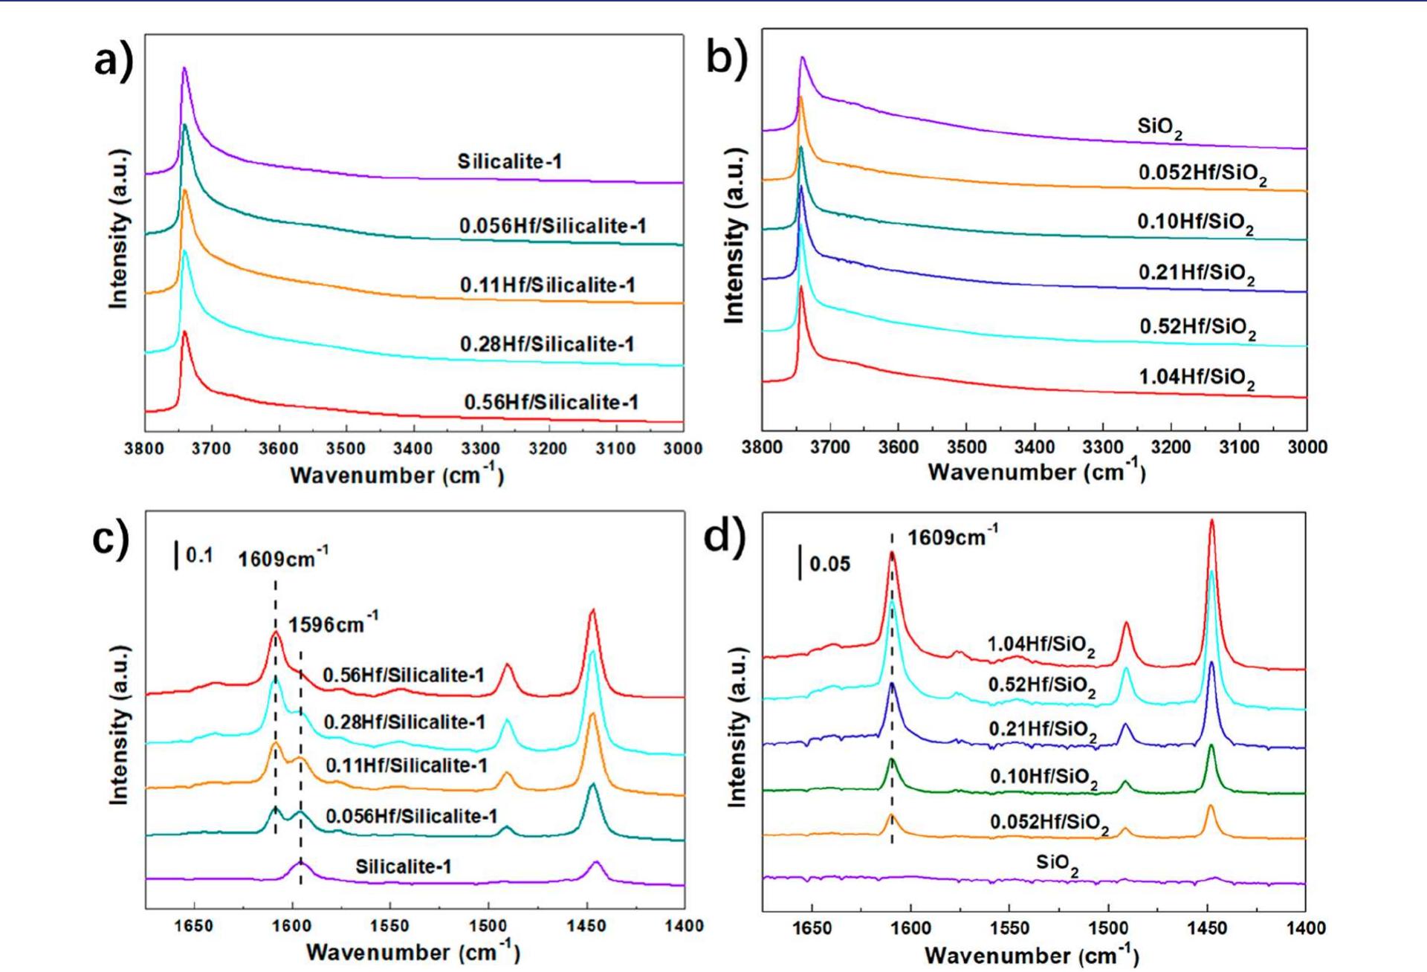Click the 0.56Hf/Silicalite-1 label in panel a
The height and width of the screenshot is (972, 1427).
[x=551, y=402]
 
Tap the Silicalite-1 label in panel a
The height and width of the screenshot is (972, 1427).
[x=509, y=161]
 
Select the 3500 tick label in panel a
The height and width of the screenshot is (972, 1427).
[x=346, y=449]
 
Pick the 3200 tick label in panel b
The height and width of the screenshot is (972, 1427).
[x=1171, y=447]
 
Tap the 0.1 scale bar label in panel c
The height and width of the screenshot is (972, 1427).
[x=199, y=555]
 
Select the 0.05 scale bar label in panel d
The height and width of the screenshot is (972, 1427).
[x=829, y=564]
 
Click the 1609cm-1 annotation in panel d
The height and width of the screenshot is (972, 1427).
[x=952, y=536]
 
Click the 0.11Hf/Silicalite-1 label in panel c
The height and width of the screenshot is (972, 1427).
[x=406, y=765]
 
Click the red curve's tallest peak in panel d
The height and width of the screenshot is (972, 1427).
[x=1211, y=522]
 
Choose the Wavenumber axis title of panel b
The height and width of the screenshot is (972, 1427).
[x=1036, y=472]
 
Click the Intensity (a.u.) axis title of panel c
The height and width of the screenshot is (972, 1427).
[x=119, y=725]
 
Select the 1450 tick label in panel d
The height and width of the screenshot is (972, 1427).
[x=1207, y=927]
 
